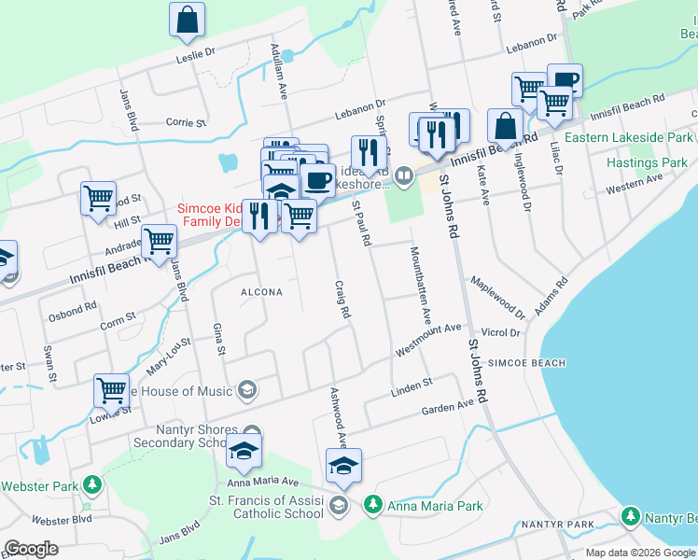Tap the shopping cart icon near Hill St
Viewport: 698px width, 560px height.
[x=98, y=199]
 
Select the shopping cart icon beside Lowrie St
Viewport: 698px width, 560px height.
[x=111, y=390]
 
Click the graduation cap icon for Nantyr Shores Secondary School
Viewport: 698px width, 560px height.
[x=244, y=451]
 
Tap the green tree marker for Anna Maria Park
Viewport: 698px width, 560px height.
[x=372, y=505]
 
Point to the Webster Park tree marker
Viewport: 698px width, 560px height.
[x=91, y=485]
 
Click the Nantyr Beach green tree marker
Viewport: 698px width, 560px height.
[x=632, y=516]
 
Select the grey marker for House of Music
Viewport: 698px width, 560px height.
[x=247, y=389]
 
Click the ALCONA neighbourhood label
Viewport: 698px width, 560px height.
[x=261, y=292]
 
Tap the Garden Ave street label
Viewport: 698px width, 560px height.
[x=448, y=408]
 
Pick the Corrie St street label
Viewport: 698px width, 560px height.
[x=185, y=122]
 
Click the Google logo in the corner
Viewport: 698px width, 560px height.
[x=31, y=549]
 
